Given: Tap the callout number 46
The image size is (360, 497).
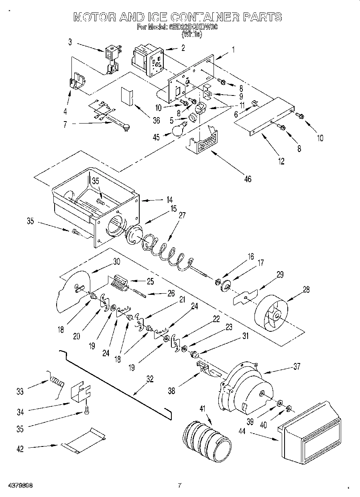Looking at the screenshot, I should pyautogui.click(x=247, y=179).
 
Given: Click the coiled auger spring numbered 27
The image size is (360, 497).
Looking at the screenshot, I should pyautogui.click(x=165, y=253).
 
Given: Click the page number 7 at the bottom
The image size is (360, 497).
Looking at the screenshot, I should pyautogui.click(x=179, y=485).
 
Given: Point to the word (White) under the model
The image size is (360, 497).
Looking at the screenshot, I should pyautogui.click(x=191, y=35).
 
